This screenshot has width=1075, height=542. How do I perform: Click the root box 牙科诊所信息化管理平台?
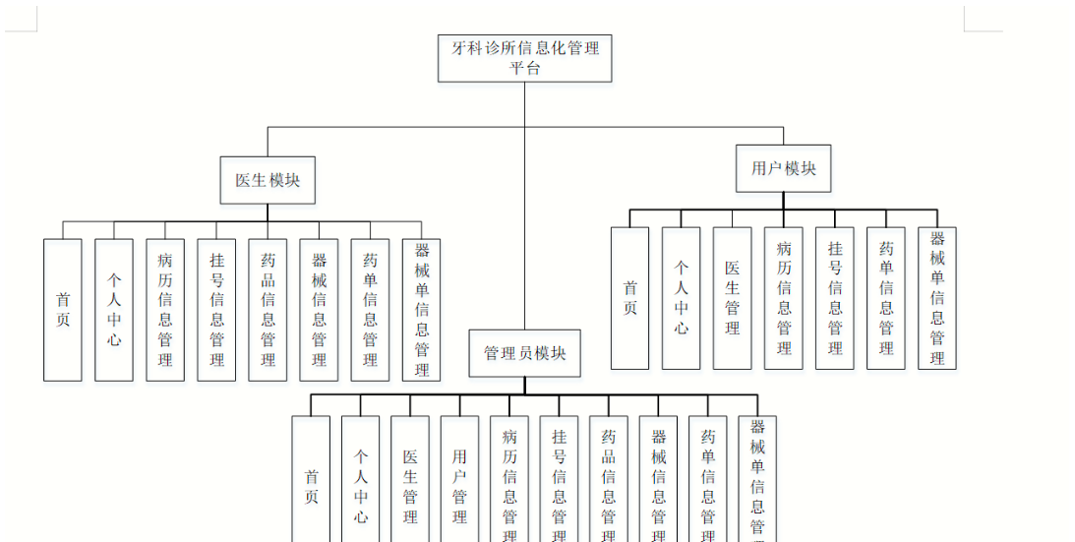524,58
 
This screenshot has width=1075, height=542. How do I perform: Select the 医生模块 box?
268,180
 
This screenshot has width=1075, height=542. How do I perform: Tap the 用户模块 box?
784,168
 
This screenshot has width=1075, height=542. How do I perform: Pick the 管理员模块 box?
524,353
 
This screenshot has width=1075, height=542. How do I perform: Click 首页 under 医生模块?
63,309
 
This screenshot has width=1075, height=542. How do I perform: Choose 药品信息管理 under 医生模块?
268,309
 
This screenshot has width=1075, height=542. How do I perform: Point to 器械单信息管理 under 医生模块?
421,309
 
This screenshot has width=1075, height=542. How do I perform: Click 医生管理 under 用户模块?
732,298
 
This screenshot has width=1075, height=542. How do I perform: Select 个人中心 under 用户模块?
681,298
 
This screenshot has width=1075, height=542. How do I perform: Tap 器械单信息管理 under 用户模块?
937,298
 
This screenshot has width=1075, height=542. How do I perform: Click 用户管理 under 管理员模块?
459,479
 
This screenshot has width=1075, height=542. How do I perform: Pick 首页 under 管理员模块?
311,479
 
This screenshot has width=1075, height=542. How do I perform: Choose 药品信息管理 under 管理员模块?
608,479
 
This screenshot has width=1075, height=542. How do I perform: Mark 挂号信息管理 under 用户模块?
834,298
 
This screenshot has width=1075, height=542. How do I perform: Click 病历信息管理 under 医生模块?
165,309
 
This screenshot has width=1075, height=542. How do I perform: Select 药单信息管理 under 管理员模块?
707,479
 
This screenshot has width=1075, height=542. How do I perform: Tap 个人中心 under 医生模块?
114,309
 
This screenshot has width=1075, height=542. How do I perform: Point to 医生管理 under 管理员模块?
410,479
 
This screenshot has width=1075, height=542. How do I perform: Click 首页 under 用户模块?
629,298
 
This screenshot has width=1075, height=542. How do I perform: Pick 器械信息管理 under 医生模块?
319,309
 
